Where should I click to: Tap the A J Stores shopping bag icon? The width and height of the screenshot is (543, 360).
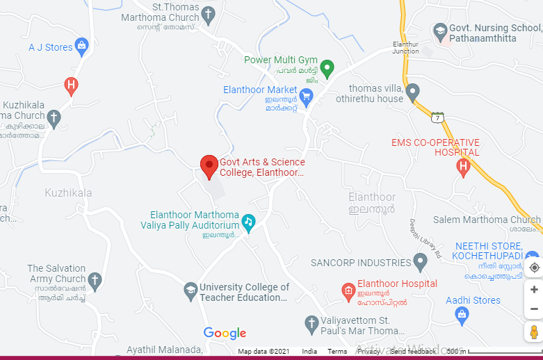tap(82, 47)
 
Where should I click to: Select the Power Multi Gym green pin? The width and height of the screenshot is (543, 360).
tap(327, 67)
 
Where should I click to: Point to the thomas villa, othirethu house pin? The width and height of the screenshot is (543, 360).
tap(412, 92)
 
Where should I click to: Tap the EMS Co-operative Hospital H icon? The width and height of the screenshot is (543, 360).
tap(463, 166)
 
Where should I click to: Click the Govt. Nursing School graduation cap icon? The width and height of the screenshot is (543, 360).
tap(439, 31)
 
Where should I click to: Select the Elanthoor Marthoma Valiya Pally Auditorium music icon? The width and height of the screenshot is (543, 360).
tap(248, 222)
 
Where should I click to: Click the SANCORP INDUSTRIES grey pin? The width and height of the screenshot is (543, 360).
tap(419, 263)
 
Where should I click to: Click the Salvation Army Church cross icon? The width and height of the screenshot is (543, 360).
tap(95, 281)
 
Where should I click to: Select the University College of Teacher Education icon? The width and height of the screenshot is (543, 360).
tap(191, 292)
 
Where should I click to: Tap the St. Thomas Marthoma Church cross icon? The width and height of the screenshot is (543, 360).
tap(208, 14)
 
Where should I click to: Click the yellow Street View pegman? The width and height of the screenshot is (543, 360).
tap(534, 332)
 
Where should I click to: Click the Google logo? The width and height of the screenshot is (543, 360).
tap(225, 334)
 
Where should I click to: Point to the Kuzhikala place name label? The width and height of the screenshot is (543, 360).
tap(68, 193)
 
